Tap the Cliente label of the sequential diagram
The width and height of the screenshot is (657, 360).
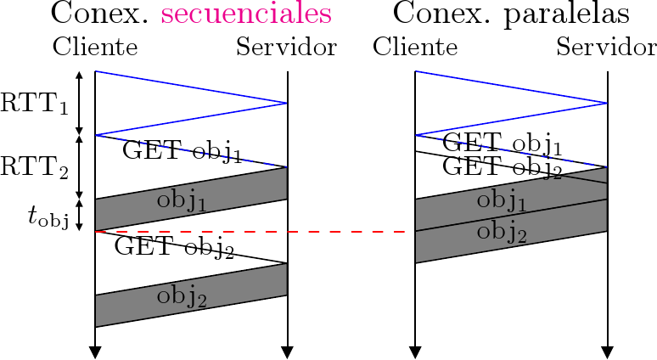pyautogui.click(x=95, y=48)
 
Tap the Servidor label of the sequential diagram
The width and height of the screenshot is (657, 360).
pyautogui.click(x=287, y=48)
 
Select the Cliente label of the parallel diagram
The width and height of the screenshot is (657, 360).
pyautogui.click(x=415, y=48)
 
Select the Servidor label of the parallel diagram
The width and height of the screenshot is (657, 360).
pyautogui.click(x=606, y=48)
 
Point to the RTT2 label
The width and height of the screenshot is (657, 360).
pyautogui.click(x=35, y=167)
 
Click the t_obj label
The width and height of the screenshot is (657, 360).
pyautogui.click(x=48, y=217)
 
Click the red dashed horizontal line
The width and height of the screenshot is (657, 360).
pyautogui.click(x=255, y=231)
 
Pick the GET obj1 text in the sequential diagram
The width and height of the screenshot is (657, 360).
pyautogui.click(x=182, y=152)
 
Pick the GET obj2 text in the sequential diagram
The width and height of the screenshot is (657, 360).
pyautogui.click(x=174, y=248)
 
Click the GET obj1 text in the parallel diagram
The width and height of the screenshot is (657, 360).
pyautogui.click(x=503, y=142)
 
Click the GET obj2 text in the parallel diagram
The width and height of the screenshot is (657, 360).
pyautogui.click(x=503, y=166)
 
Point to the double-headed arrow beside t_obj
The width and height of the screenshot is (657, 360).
pyautogui.click(x=80, y=215)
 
